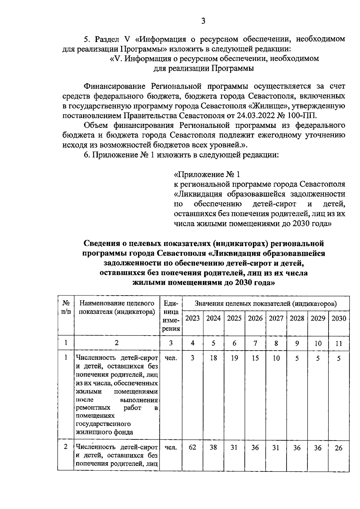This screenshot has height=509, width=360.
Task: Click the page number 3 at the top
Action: (x=203, y=21)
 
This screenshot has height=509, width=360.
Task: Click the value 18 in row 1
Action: (x=214, y=358)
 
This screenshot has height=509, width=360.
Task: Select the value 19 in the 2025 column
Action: (x=234, y=358)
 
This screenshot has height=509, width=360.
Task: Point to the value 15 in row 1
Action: (x=255, y=358)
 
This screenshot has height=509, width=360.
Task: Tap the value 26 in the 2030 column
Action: (x=339, y=448)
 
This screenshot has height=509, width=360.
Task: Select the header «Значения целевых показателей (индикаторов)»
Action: (x=265, y=304)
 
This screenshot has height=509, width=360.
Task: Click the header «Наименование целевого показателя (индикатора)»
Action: (x=117, y=307)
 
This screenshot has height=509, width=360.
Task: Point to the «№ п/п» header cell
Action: (x=66, y=307)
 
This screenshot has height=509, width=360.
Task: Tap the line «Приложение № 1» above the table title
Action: (x=207, y=174)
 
